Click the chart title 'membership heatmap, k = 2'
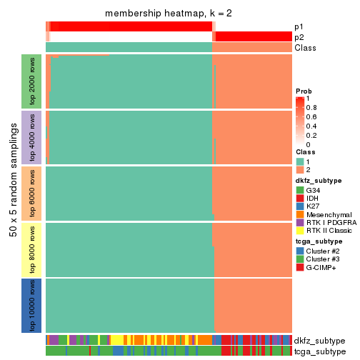tap(169, 14)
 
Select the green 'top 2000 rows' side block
tap(32, 81)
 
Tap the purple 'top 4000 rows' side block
tap(32, 136)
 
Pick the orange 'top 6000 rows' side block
tap(32, 193)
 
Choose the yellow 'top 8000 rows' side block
tap(32, 249)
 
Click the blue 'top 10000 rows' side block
tap(32, 305)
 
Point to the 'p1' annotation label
tap(299, 26)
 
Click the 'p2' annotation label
tap(299, 37)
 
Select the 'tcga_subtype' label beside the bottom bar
tap(320, 352)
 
